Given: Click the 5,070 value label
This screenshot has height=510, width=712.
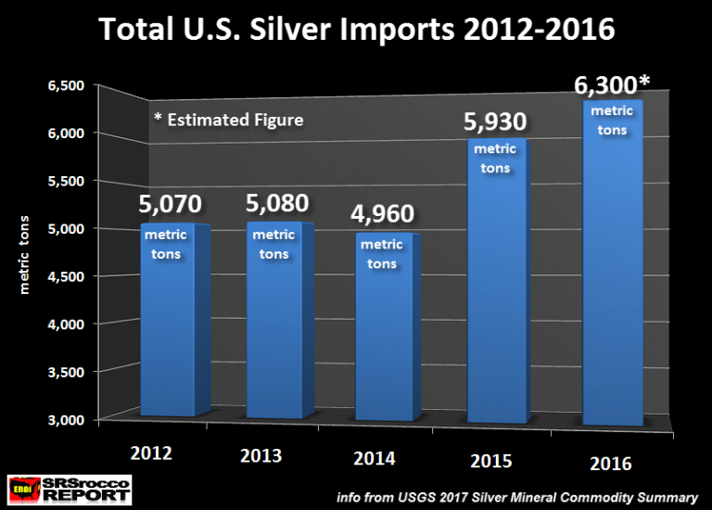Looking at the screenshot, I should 169,205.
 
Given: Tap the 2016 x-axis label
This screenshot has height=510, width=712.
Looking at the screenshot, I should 609,463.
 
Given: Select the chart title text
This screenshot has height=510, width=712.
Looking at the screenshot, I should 357,30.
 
